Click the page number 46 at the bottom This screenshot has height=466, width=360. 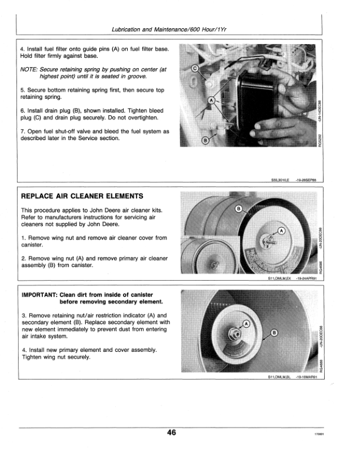point(171,432)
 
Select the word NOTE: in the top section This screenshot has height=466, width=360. point(29,69)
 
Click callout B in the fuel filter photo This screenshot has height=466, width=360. point(205,141)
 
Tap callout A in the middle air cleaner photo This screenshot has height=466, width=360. point(281,230)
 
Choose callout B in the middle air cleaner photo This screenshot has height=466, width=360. point(239,209)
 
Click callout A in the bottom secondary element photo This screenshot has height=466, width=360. point(246,323)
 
